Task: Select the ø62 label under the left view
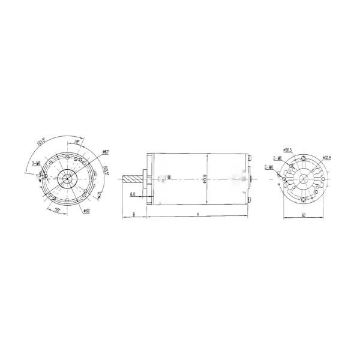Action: [x=86, y=211]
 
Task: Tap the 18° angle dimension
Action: [x=77, y=142]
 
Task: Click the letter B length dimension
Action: [x=134, y=214]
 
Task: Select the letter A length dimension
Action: [x=197, y=214]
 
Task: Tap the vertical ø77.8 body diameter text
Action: [x=205, y=178]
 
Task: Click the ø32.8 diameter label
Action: [x=328, y=157]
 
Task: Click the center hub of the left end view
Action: [x=67, y=179]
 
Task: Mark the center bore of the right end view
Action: [x=304, y=178]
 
